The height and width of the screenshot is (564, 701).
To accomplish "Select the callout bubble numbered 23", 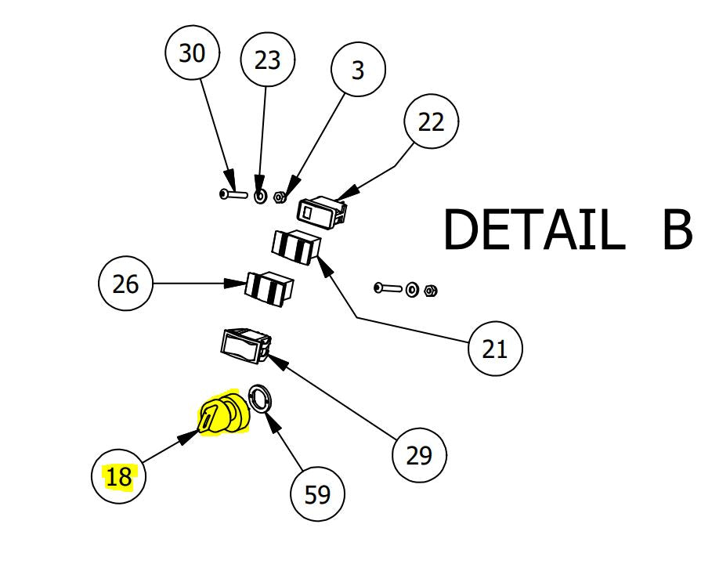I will point(267,60).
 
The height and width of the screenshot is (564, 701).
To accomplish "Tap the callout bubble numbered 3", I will point(358,70).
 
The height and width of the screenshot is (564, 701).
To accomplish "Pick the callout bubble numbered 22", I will point(431,121).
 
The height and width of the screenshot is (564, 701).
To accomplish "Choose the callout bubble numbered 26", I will point(125,284).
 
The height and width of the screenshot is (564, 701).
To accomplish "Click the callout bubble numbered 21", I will point(494,348).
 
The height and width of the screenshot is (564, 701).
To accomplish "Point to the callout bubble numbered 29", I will point(419,455).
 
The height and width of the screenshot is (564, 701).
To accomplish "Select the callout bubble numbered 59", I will point(317,494).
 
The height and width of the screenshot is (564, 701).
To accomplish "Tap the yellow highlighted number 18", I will point(119,476).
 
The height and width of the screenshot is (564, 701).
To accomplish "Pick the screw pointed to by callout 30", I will point(233,193).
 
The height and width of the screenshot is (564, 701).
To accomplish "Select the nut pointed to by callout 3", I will point(280,197).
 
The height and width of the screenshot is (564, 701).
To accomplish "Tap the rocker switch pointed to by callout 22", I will point(321,211).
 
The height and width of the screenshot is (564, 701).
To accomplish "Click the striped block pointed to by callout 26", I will point(268,287).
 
